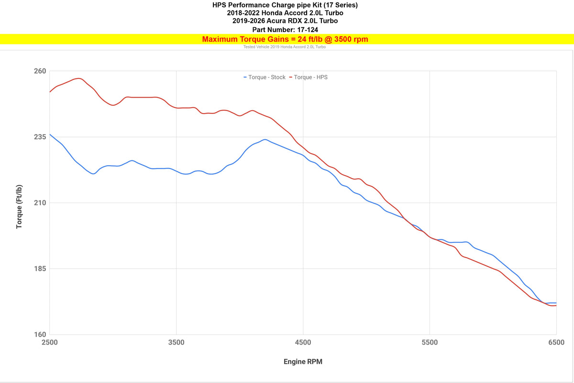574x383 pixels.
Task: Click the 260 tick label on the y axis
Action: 40,71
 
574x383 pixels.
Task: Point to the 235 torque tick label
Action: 40,137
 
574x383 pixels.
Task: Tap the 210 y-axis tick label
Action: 40,203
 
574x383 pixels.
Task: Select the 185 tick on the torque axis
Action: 40,269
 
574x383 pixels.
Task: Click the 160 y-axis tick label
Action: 40,335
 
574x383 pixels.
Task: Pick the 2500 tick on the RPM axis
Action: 50,343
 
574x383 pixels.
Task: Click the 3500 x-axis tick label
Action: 177,343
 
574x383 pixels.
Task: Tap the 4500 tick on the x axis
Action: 303,343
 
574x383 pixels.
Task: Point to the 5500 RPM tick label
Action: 430,343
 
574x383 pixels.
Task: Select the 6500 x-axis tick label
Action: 556,343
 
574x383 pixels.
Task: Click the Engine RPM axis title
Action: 303,362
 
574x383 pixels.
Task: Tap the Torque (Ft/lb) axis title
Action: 20,206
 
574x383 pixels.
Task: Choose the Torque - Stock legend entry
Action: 265,77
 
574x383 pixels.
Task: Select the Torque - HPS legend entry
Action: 309,77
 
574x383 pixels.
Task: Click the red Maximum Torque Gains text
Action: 285,39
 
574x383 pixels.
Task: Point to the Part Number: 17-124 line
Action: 285,29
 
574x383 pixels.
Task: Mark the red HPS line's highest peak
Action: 78,79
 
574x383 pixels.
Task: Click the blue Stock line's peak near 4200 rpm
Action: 265,139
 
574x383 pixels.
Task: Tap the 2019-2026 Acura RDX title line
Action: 285,21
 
